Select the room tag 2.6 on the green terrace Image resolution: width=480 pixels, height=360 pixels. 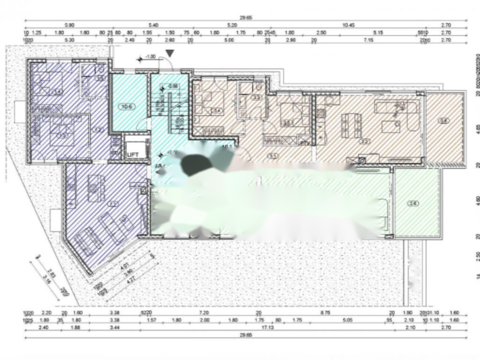pyautogui.click(x=413, y=203)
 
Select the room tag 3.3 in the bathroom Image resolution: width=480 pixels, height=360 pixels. pyautogui.click(x=256, y=97)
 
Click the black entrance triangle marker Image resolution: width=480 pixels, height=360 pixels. pyautogui.click(x=170, y=53)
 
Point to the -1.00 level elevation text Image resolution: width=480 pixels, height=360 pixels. pyautogui.click(x=150, y=57)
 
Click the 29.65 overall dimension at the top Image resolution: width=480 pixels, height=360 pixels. pyautogui.click(x=246, y=18)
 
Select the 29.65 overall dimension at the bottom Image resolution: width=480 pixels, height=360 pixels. pyautogui.click(x=246, y=335)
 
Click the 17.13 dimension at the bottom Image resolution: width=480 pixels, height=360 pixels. pyautogui.click(x=268, y=328)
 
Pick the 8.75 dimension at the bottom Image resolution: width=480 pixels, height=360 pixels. pyautogui.click(x=325, y=313)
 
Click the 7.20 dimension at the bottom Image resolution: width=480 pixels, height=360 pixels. pyautogui.click(x=203, y=313)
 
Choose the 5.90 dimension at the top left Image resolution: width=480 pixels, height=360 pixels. pyautogui.click(x=70, y=25)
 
